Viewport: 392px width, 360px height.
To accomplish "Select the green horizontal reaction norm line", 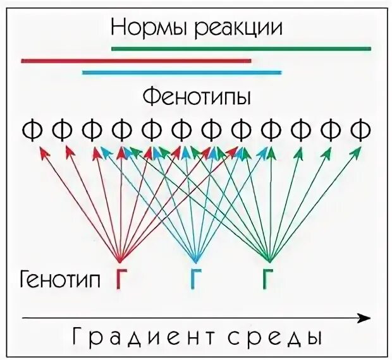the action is (x=241, y=48).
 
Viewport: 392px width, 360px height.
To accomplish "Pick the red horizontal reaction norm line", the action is (x=136, y=61).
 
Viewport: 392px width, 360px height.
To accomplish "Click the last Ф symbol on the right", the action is (x=360, y=130).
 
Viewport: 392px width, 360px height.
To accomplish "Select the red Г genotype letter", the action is (x=120, y=279).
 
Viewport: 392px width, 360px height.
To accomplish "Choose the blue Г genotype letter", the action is (x=195, y=279).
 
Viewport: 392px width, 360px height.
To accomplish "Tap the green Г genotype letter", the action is (x=270, y=279).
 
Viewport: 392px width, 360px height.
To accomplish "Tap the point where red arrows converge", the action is (x=120, y=259).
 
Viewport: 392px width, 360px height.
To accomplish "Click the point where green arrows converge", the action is (x=270, y=259).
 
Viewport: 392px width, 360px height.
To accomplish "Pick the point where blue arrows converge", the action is (x=195, y=259).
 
